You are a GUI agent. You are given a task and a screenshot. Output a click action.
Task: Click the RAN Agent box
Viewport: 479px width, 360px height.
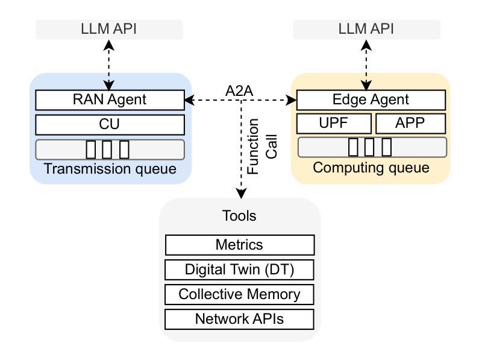pos(110,100)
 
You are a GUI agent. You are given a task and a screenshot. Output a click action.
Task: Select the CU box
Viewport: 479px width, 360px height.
pos(110,125)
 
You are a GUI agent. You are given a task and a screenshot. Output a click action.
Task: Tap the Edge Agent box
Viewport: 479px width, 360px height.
pos(371,100)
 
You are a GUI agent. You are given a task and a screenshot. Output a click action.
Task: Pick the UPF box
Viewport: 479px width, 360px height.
pos(334,124)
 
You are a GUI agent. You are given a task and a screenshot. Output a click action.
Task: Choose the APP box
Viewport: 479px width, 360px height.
pos(410,124)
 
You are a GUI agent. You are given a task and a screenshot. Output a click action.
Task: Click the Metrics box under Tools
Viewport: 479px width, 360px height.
pos(239,245)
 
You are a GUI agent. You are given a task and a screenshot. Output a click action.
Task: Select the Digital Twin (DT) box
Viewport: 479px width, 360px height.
pos(239,270)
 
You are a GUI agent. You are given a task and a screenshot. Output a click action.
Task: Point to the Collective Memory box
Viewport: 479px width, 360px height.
pos(239,294)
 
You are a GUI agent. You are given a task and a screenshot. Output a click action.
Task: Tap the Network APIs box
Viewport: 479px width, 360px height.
pos(239,319)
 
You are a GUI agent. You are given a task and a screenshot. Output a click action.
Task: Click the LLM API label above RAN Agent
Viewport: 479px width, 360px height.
pos(109,29)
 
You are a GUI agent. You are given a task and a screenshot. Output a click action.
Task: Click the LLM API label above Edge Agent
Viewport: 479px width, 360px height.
pos(366,29)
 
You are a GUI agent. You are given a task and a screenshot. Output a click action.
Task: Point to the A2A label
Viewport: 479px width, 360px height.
pos(239,90)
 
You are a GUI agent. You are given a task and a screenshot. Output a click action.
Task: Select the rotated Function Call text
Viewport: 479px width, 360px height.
pos(262,147)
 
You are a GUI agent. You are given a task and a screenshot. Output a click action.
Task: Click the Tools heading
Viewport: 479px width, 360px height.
pos(239,216)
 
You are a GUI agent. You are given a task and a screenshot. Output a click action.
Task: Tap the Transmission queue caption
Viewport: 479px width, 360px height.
pos(110,169)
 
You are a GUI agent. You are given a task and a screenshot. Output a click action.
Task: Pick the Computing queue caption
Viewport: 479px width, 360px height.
pos(371,167)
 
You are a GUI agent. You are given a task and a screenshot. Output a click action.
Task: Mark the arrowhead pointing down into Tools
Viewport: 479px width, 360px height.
pos(241,194)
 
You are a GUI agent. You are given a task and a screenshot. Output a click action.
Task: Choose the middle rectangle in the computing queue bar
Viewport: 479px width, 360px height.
pos(370,147)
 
